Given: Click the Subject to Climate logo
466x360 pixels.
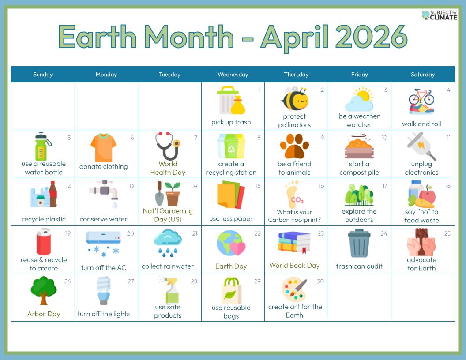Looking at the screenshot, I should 439,15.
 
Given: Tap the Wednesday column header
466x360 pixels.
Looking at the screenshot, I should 233,75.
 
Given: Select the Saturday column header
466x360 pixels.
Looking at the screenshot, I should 423,75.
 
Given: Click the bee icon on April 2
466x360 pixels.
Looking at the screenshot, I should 294,99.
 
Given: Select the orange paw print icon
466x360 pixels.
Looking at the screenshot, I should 294,146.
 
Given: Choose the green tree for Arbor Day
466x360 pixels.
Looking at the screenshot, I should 43,290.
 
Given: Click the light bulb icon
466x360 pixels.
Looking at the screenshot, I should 103,290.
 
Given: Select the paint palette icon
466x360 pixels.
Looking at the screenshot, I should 294,289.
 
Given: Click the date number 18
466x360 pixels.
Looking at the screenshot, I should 448,186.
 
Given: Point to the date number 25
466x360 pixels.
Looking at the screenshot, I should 447,233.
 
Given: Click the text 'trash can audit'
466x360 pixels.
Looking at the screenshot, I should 359,266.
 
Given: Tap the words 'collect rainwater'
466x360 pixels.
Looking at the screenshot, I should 168,266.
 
